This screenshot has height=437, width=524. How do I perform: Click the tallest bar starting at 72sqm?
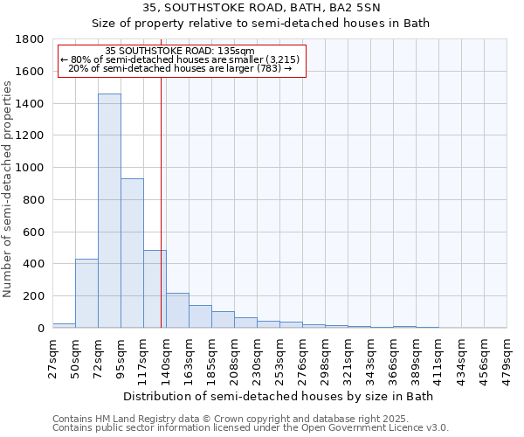click(109, 211)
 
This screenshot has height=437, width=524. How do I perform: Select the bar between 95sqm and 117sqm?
click(132, 253)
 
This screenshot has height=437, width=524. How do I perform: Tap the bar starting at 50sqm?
click(86, 294)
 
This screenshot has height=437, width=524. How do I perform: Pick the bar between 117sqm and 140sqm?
click(155, 289)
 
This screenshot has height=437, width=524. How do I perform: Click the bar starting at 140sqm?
click(177, 310)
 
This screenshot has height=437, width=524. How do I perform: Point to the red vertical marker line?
click(162, 201)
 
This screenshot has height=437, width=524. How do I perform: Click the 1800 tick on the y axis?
click(32, 39)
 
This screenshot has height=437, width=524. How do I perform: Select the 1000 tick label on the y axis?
click(32, 168)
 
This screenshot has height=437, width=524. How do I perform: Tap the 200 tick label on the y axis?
click(36, 296)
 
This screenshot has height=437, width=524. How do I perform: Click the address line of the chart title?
click(261, 8)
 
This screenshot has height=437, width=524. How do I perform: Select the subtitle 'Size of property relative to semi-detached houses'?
click(261, 24)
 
